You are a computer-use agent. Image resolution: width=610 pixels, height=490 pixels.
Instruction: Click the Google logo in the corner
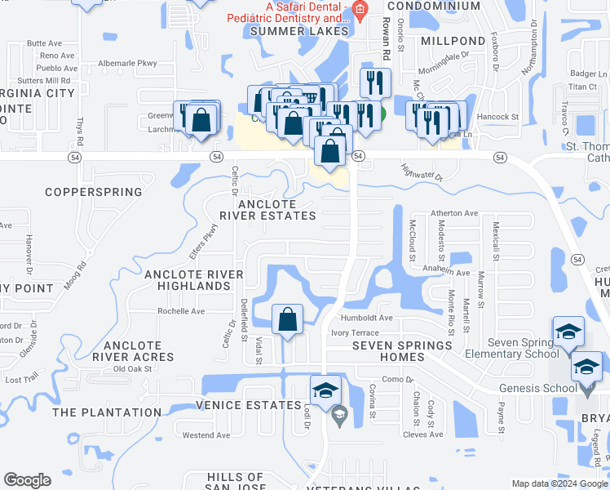point(27,480)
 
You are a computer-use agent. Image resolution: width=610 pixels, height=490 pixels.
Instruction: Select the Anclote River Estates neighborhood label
point(267,209)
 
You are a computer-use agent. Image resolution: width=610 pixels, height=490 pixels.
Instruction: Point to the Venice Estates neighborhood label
point(249,406)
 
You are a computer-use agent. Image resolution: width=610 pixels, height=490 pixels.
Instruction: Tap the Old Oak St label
point(133,369)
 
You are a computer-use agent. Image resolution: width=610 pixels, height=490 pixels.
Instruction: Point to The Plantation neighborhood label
point(107,413)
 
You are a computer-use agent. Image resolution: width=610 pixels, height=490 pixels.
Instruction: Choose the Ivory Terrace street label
point(355,333)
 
